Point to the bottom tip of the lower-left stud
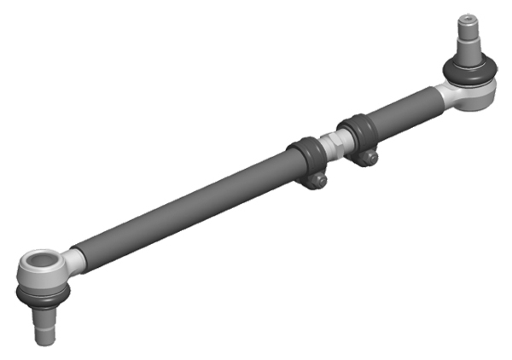coord(44,340)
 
